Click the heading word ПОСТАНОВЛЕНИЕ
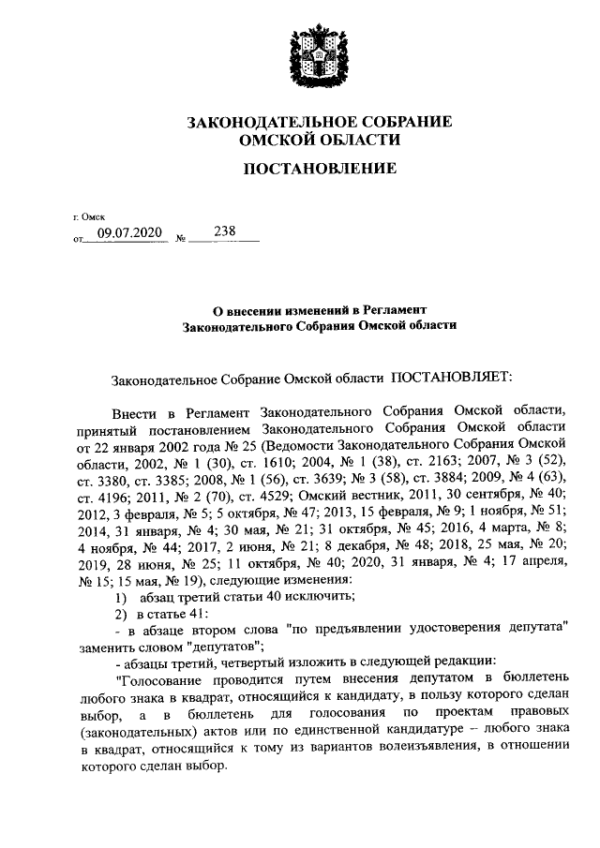click(x=320, y=169)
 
